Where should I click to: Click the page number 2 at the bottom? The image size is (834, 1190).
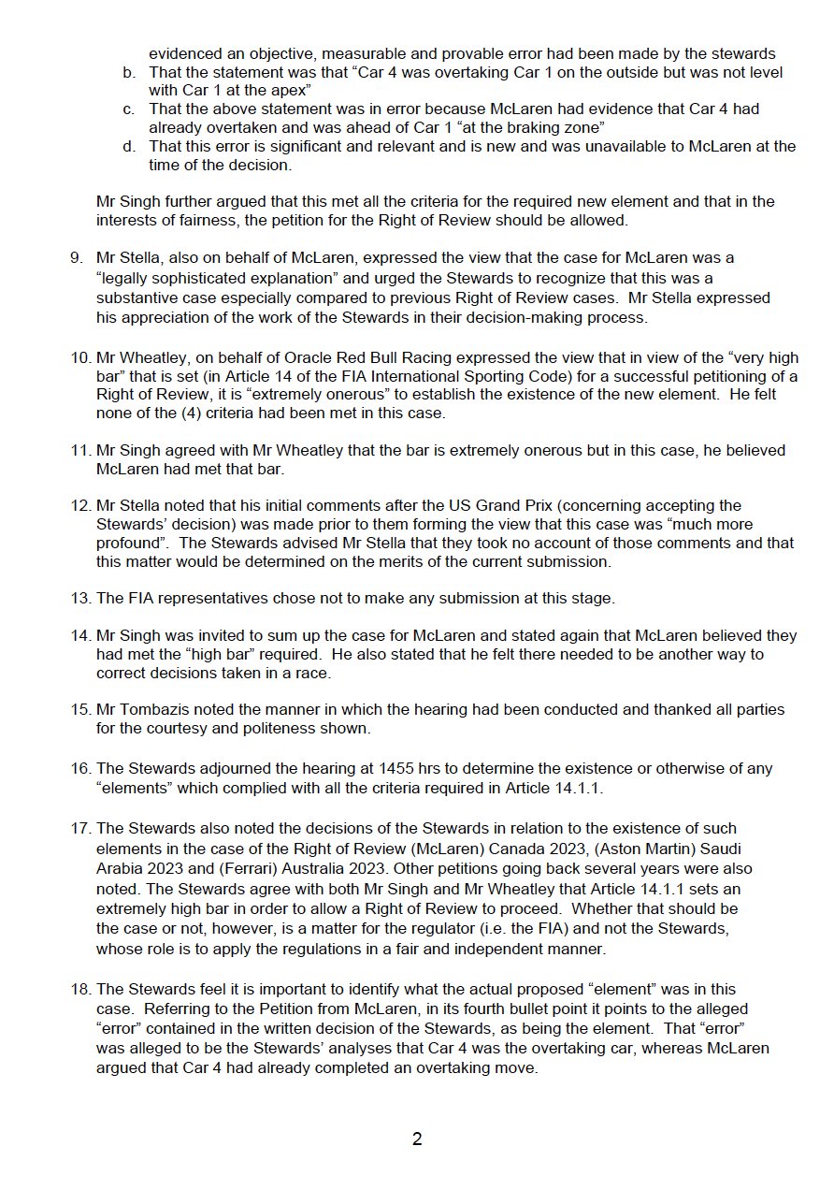(417, 1139)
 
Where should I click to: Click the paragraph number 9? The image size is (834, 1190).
(76, 256)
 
